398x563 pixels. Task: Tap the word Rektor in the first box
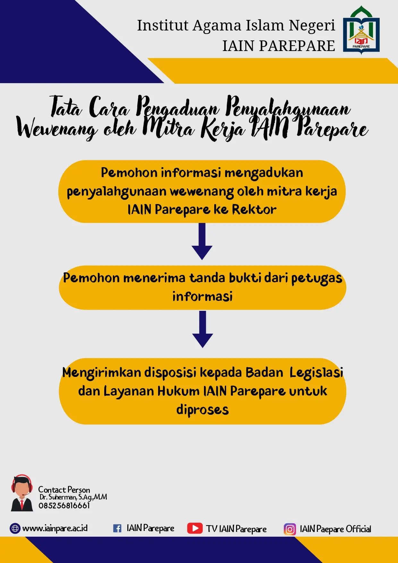tap(254, 209)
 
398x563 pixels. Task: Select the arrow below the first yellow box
tap(202, 241)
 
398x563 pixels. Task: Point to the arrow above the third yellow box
tap(202, 329)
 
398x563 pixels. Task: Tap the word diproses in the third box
tap(203, 410)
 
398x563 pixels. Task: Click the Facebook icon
tap(117, 528)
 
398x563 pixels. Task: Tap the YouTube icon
tap(195, 528)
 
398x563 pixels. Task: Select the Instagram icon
tap(290, 529)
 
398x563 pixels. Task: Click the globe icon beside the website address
tap(15, 528)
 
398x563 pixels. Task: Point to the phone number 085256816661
tap(64, 506)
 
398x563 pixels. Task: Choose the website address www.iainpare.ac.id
tap(55, 528)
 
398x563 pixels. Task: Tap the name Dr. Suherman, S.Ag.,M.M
tap(73, 497)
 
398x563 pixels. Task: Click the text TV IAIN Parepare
tap(236, 529)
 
